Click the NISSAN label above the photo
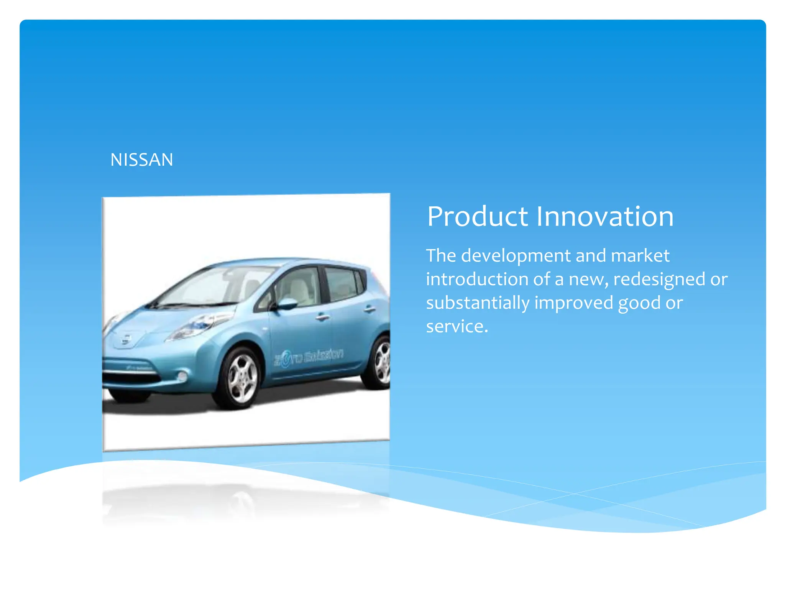tap(141, 160)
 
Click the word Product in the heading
tap(477, 217)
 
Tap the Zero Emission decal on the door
tap(309, 357)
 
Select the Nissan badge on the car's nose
tap(126, 340)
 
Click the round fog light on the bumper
tap(182, 376)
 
